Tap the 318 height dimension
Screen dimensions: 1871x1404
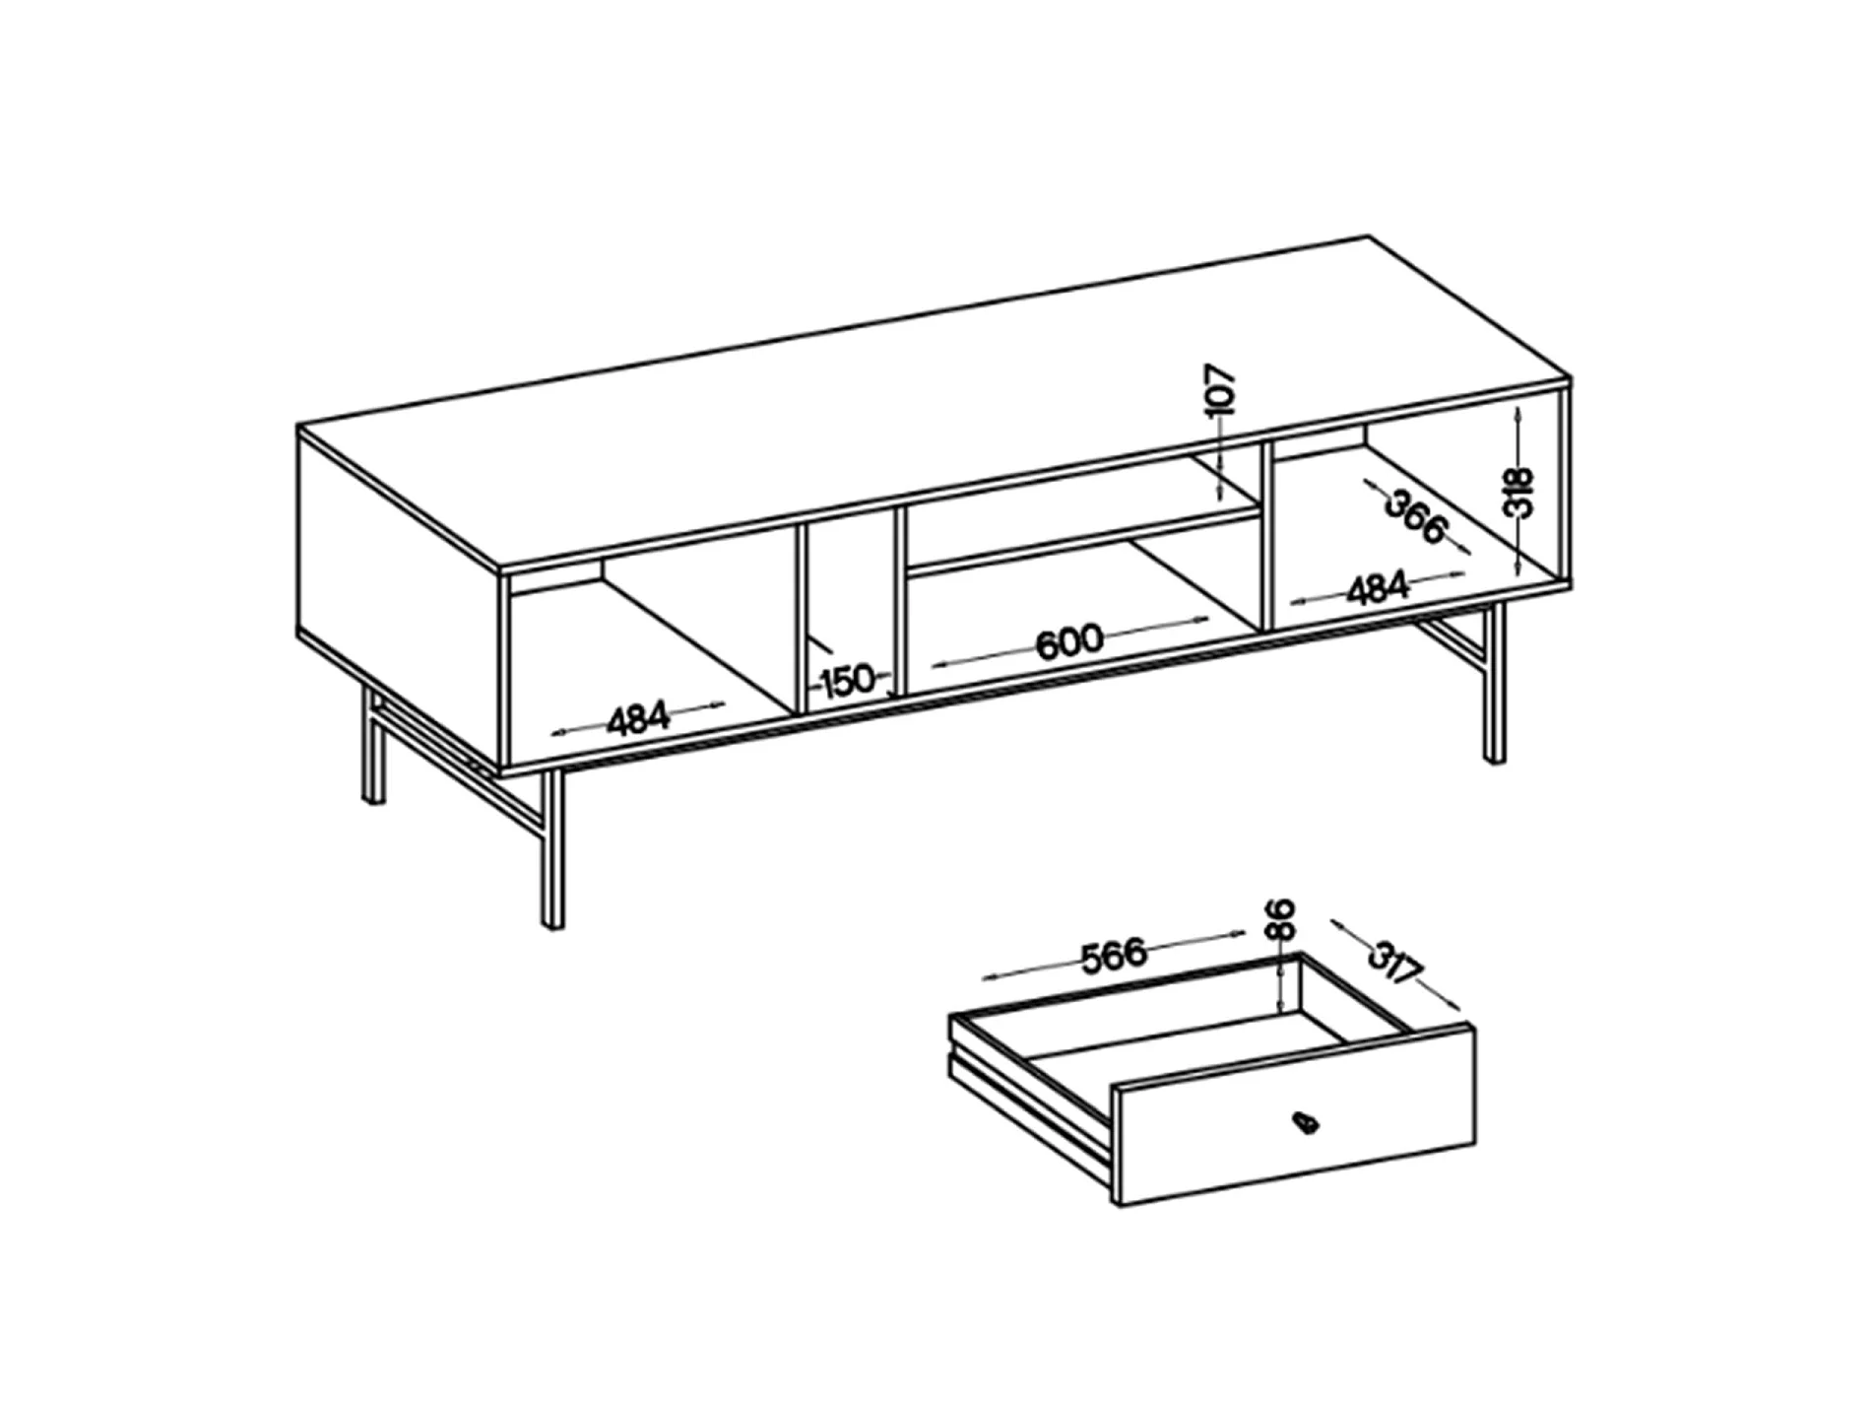coord(1521,493)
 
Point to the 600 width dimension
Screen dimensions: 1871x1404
coord(1069,641)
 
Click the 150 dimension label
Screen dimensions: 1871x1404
coord(847,680)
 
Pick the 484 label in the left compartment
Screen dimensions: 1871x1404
coord(638,719)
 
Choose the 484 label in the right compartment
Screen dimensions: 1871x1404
coord(1378,588)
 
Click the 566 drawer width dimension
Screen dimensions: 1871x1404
coord(1114,956)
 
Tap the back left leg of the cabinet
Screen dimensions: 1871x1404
coord(372,745)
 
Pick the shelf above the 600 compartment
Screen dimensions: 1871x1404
coord(1083,538)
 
